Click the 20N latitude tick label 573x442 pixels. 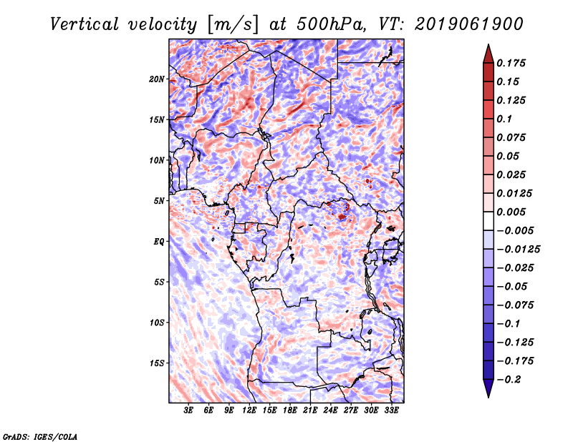[157, 79]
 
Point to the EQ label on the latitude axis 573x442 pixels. [158, 242]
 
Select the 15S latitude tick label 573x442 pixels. [157, 363]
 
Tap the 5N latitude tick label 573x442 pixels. [159, 201]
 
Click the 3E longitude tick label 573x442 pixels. [188, 411]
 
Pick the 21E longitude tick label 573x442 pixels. [310, 411]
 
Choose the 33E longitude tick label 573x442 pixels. [391, 411]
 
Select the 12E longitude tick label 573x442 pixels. [249, 411]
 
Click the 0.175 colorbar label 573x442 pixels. [511, 63]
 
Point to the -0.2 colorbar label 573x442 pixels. [509, 380]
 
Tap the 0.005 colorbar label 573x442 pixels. [511, 212]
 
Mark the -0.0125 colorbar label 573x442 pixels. [518, 250]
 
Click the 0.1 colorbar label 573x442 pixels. [504, 119]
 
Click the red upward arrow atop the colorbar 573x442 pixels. [488, 54]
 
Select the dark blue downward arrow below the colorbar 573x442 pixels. [488, 388]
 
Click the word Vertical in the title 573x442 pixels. [85, 24]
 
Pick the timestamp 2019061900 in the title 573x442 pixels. [469, 24]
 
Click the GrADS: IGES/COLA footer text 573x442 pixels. [40, 436]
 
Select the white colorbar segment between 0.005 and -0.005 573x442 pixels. [488, 221]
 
